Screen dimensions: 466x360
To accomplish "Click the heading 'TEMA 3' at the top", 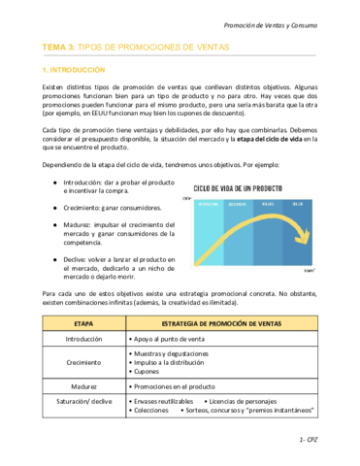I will point(59,46).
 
